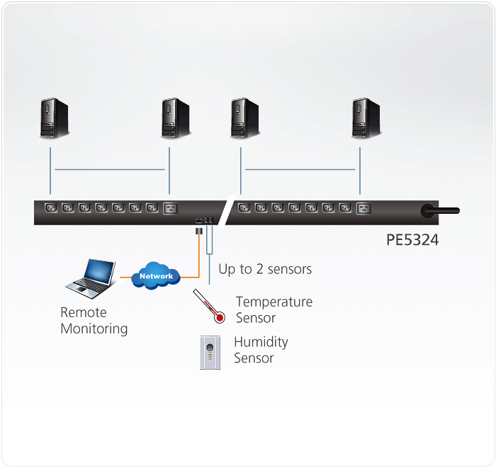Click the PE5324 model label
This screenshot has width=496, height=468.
[412, 240]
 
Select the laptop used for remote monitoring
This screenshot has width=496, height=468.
[89, 278]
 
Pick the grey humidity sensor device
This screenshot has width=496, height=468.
[210, 351]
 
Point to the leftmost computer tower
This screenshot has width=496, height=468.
[53, 118]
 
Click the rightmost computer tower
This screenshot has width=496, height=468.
[366, 118]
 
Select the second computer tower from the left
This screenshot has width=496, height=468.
[175, 118]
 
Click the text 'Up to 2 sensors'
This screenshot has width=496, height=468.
[265, 269]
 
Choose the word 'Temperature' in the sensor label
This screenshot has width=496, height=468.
[274, 302]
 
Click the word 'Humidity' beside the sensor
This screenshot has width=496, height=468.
[261, 342]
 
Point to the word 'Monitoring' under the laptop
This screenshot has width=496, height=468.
[94, 329]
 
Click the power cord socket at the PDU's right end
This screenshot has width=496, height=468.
[428, 210]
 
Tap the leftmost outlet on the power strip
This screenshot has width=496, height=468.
[50, 208]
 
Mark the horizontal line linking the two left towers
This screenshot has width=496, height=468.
[110, 169]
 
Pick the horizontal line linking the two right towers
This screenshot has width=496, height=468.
[300, 169]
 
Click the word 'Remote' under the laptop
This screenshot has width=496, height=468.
[83, 312]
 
